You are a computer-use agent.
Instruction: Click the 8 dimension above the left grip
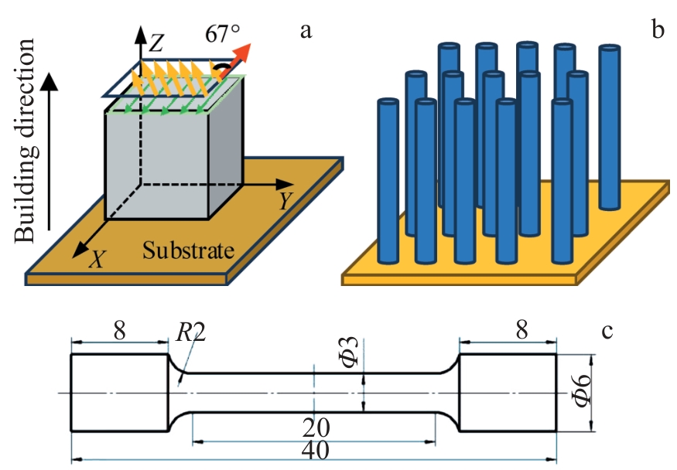click(120, 331)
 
